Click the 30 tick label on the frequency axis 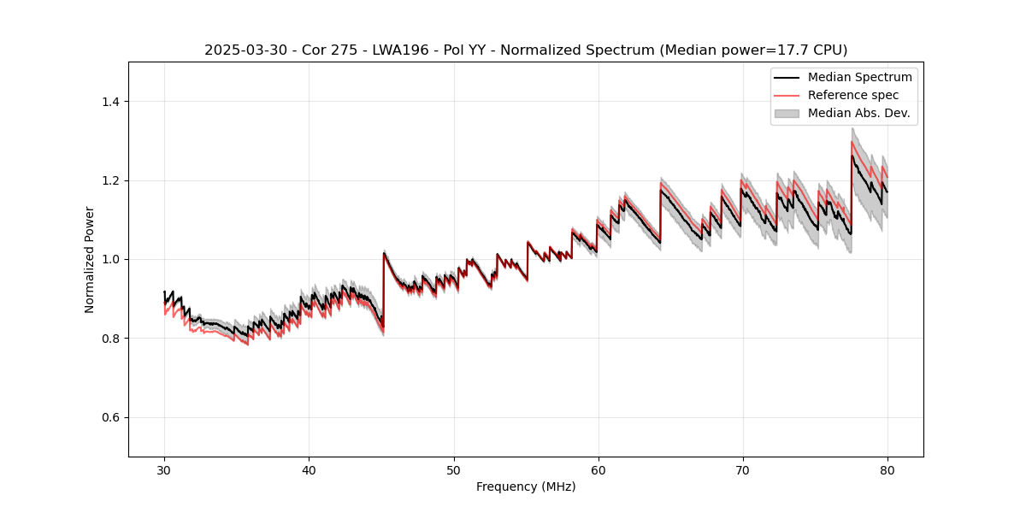pos(164,469)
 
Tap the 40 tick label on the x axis pos(309,469)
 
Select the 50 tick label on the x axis pos(453,469)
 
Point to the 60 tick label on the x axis pos(598,469)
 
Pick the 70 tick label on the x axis pos(742,469)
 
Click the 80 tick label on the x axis pos(887,469)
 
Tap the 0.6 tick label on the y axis pos(111,417)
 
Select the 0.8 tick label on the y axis pos(111,339)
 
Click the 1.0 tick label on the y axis pos(111,259)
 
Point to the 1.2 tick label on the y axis pos(111,180)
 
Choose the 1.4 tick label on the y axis pos(111,102)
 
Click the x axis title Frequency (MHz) pos(526,486)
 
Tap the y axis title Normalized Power pos(90,259)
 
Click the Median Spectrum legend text pos(859,77)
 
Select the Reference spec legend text pos(852,95)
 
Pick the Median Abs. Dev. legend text pos(858,113)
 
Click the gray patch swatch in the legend pos(787,113)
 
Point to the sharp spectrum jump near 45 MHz pos(384,291)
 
